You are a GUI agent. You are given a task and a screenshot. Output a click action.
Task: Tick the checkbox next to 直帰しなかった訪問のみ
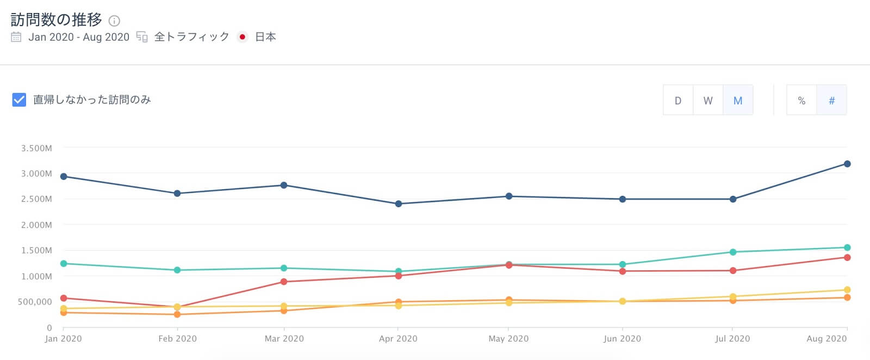[x=19, y=100]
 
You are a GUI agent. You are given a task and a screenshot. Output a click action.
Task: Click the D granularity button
[x=678, y=101]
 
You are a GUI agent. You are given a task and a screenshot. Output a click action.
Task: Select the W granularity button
[x=708, y=101]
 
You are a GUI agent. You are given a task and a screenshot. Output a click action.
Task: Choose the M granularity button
[x=738, y=101]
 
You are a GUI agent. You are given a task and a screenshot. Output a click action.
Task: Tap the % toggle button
[x=801, y=101]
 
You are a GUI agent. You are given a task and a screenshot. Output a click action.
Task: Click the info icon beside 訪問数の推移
[x=114, y=21]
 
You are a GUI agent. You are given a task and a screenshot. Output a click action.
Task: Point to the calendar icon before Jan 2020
[x=16, y=37]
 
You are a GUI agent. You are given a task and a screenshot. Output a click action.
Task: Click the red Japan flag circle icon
[x=243, y=37]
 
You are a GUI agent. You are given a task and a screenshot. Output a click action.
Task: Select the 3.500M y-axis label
[x=36, y=148]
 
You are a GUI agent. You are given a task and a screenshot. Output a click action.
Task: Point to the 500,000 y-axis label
[x=35, y=302]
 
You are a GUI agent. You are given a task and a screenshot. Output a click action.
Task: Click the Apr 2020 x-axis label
[x=398, y=338]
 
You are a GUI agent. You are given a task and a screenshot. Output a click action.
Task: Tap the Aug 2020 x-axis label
[x=826, y=338]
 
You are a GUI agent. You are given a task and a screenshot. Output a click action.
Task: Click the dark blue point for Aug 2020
[x=847, y=164]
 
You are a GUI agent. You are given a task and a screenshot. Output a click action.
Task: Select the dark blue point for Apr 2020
[x=399, y=204]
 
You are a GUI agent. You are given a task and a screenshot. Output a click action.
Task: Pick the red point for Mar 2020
[x=284, y=282]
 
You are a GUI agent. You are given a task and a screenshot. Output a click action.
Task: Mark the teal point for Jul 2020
[x=733, y=252]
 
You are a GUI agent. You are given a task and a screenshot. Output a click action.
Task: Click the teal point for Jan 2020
[x=64, y=263]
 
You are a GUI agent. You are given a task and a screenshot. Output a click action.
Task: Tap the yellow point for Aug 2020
[x=847, y=290]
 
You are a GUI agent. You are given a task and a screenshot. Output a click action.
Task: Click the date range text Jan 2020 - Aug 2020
[x=79, y=37]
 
